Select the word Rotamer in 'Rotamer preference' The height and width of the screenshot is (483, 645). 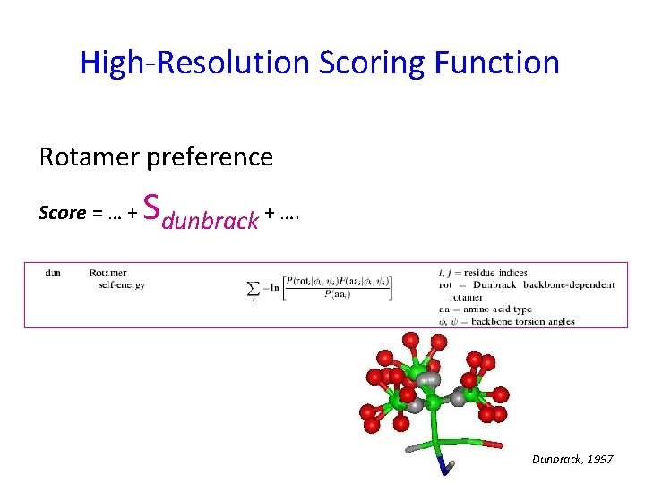[87, 157]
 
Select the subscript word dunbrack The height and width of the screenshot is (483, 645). [211, 217]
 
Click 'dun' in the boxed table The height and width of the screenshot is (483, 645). [53, 273]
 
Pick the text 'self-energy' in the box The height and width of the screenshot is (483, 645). [122, 284]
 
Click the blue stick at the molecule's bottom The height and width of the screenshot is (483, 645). [445, 464]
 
